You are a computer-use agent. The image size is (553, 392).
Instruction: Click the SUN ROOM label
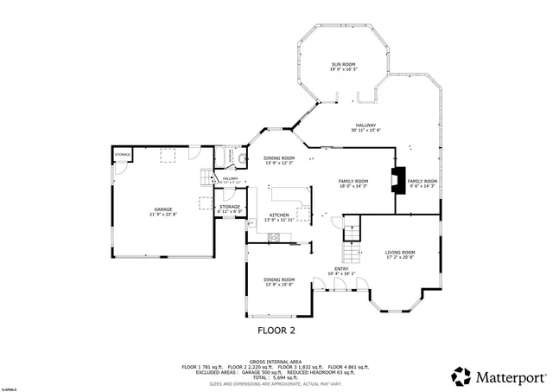[x=343, y=67]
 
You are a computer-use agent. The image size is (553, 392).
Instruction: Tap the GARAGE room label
[x=162, y=210]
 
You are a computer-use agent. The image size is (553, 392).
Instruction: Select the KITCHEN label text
[x=278, y=215]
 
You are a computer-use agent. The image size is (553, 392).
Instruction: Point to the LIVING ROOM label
[x=400, y=254]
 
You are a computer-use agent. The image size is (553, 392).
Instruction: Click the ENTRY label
[x=341, y=270]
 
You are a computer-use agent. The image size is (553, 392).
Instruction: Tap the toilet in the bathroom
[x=242, y=158]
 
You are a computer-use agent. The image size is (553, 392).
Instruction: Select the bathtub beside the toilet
[x=220, y=157]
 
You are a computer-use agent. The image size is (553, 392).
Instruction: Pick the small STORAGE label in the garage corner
[x=123, y=155]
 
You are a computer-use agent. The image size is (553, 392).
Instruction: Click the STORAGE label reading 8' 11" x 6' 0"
[x=230, y=209]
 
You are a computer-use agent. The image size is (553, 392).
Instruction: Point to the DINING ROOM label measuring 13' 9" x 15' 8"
[x=278, y=281]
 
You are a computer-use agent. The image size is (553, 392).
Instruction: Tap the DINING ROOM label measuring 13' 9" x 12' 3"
[x=278, y=159]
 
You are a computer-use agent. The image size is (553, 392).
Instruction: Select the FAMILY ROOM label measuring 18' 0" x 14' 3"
[x=353, y=183]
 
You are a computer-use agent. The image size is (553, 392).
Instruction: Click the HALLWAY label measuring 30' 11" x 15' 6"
[x=365, y=127]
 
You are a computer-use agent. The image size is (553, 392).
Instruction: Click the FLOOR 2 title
[x=276, y=331]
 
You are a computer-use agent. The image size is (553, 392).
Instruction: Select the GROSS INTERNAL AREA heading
[x=276, y=361]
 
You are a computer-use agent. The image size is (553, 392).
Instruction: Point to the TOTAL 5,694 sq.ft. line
[x=276, y=377]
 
